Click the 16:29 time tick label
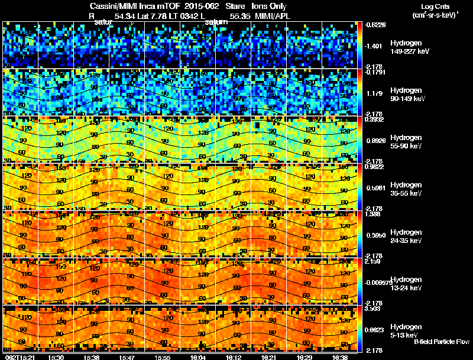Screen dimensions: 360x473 (305, 357)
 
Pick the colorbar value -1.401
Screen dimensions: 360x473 (375, 46)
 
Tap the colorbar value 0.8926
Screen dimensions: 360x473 (375, 140)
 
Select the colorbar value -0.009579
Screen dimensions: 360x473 (378, 282)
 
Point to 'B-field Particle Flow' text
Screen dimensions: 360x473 (441, 342)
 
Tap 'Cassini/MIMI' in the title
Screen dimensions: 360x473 (111, 6)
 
